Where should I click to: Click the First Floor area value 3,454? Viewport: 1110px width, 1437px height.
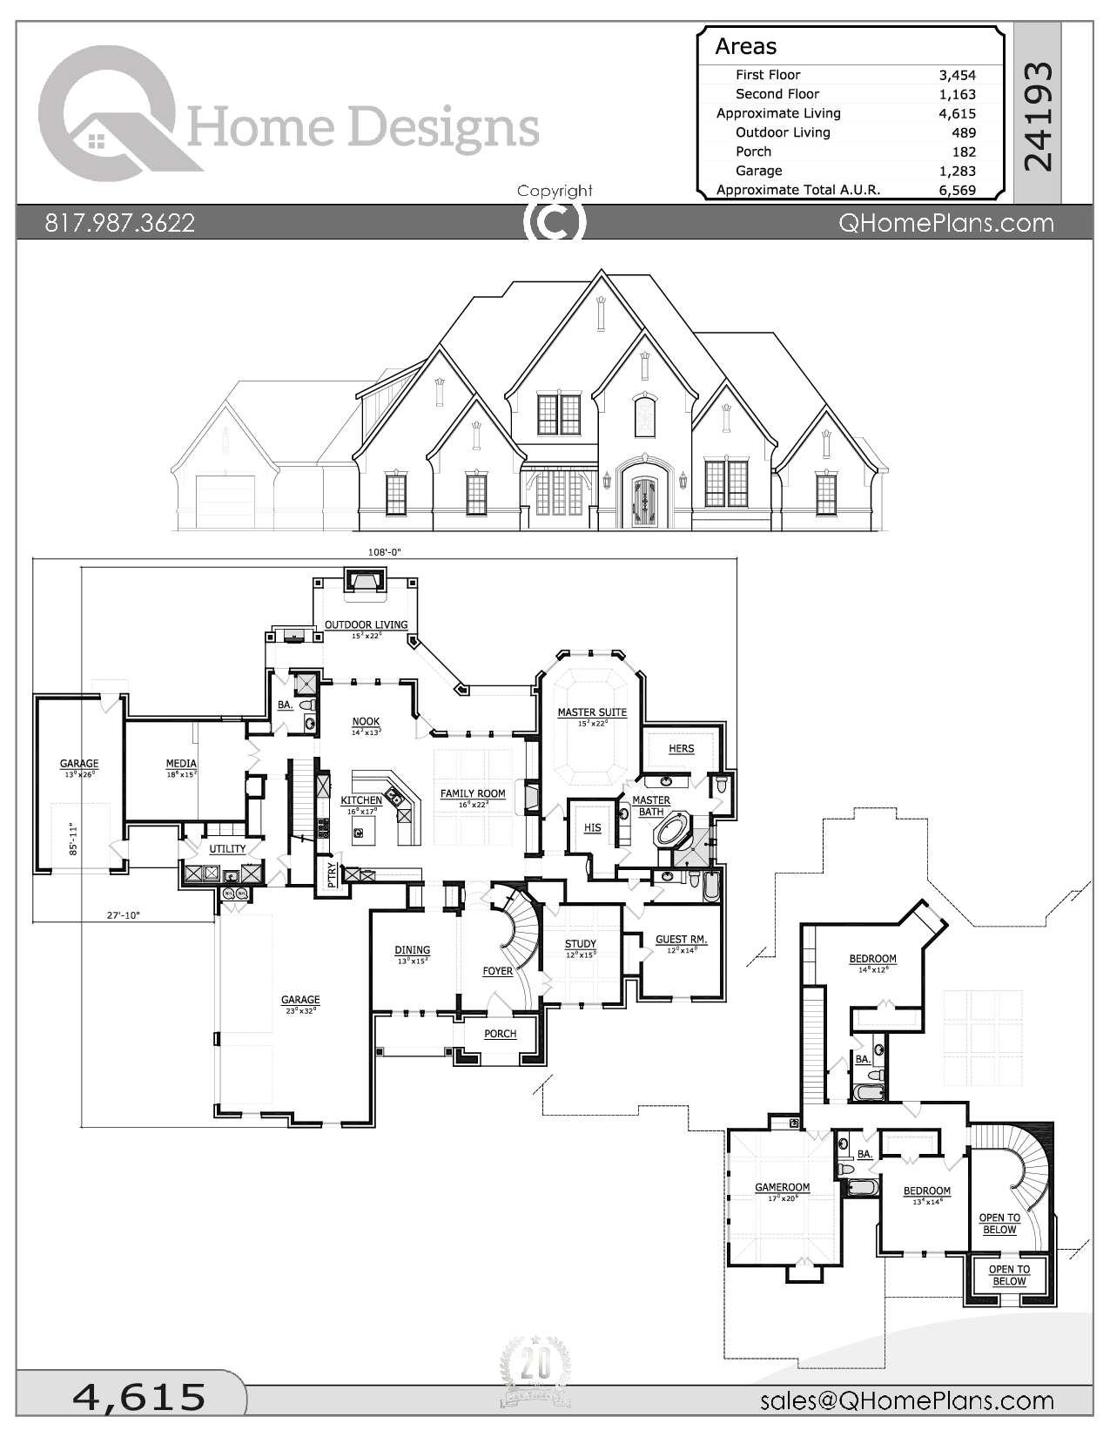click(958, 75)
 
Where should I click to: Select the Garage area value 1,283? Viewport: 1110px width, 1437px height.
click(958, 171)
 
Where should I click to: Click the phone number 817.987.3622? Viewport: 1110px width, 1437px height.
click(120, 223)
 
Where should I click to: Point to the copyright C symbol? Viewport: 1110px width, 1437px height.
click(555, 222)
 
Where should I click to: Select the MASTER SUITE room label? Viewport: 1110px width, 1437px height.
click(592, 712)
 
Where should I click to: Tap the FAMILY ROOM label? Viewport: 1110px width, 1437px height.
click(473, 793)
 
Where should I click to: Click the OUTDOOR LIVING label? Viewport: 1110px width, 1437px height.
click(366, 624)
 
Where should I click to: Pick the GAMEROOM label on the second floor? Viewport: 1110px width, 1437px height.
click(782, 1187)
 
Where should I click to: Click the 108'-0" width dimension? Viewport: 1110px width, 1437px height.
click(384, 552)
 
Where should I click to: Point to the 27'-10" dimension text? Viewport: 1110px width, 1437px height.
click(124, 915)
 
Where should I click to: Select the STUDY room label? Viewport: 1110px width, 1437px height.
click(581, 944)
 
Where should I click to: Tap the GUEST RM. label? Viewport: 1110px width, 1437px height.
click(681, 940)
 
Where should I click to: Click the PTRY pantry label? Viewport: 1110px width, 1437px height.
click(332, 874)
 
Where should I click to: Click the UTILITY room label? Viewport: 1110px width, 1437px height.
click(227, 848)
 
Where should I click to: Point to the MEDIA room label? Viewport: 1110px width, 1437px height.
click(181, 764)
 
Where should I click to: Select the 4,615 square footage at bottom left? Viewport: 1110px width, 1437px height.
click(139, 1397)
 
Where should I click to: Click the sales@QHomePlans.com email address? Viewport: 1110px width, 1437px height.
click(906, 1400)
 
